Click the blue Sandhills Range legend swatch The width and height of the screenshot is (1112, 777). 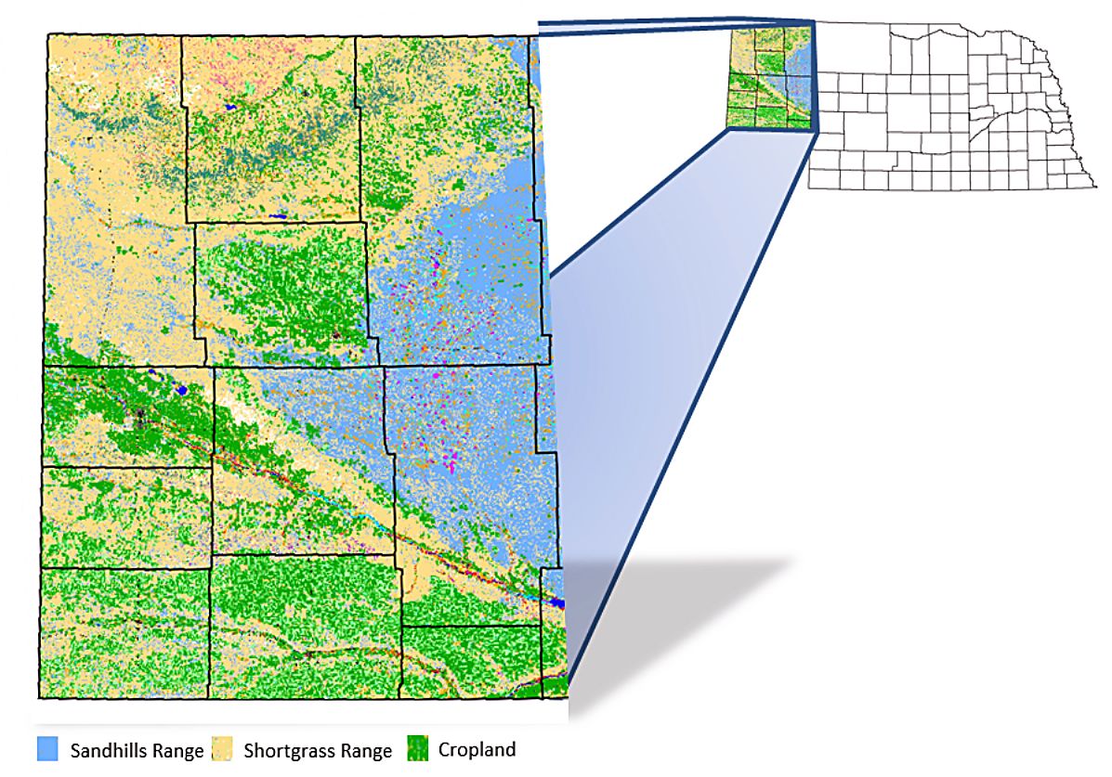(x=48, y=749)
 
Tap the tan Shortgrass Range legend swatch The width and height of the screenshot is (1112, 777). (x=223, y=749)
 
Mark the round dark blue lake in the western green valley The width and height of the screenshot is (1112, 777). (x=182, y=390)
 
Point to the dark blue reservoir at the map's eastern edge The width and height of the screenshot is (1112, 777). (x=556, y=603)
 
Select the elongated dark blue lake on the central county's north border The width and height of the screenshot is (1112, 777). (x=278, y=217)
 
